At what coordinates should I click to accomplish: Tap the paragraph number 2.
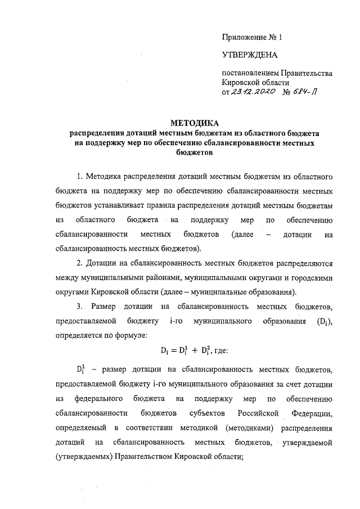pyautogui.click(x=79, y=263)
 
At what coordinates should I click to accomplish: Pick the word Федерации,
pyautogui.click(x=314, y=413)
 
